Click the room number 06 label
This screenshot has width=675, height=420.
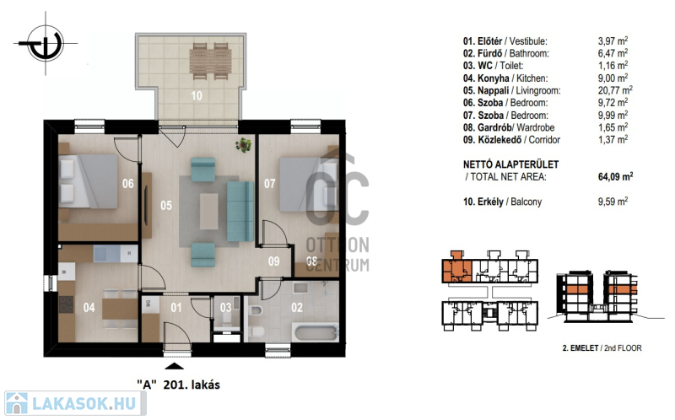coord(128,184)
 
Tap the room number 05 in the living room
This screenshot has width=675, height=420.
coord(166,206)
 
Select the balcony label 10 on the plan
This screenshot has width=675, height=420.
coord(197,95)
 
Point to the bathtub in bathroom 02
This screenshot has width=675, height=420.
coord(315,332)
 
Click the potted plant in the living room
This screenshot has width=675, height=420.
coord(244,144)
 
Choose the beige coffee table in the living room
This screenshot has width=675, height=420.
coord(208,211)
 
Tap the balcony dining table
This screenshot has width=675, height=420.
coord(210,61)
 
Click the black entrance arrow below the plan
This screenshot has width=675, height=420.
coord(174,366)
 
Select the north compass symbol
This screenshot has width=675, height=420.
coord(46,44)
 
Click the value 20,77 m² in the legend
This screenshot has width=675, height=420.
coord(615,90)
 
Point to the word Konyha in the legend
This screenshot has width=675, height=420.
coord(494,78)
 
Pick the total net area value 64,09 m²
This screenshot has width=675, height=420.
coord(616,176)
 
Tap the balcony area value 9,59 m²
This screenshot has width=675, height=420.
coord(613,202)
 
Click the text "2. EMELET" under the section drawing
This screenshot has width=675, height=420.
coord(580,348)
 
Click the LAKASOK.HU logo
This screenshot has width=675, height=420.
coord(75,403)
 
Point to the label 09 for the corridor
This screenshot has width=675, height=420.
coord(273,261)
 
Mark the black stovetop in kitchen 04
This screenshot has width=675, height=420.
coord(67,304)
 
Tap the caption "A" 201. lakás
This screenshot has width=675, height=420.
coord(178,385)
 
